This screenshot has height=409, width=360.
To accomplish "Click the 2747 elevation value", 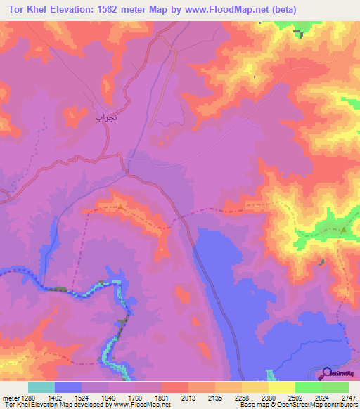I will coord(349,397).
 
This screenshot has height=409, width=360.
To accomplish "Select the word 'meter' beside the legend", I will coord(10,397).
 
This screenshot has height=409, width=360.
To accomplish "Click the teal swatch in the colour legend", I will coord(41,387).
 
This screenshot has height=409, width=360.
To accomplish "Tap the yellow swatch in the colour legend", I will coord(282,387).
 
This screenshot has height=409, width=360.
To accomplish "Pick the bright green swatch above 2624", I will coord(309,387).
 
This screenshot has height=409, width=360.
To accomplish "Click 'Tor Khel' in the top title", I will coord(22,10).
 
